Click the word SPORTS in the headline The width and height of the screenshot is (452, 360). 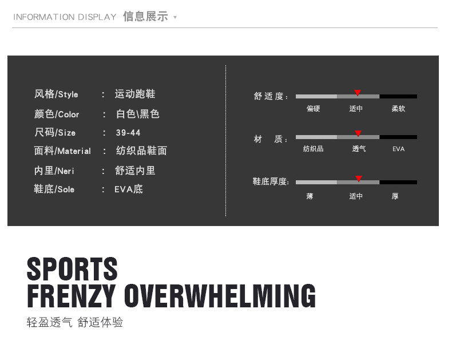point(72,268)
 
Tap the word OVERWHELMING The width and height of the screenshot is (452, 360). point(220,296)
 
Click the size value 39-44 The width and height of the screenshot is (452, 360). point(128,133)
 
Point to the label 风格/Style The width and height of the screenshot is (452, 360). point(56,94)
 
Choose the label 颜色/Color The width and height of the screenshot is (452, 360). point(57,114)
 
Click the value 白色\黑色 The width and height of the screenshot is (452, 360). point(138,114)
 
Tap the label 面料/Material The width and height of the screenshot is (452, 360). point(62,151)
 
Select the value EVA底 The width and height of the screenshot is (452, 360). point(129,189)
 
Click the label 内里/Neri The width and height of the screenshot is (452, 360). point(54,171)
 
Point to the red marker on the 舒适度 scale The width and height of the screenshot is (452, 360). point(358,93)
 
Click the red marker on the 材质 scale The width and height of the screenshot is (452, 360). point(358,133)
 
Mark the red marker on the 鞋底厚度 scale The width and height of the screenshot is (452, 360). point(359,179)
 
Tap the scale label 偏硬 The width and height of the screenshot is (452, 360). point(314,109)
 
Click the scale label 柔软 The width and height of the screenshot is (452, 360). point(398,109)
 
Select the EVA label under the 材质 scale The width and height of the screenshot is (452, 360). point(398,149)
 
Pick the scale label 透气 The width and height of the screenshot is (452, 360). point(359,149)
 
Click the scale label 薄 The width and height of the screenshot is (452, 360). point(310,196)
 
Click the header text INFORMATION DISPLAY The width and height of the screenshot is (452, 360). point(65,17)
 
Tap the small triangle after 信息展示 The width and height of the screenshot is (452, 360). point(175,18)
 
